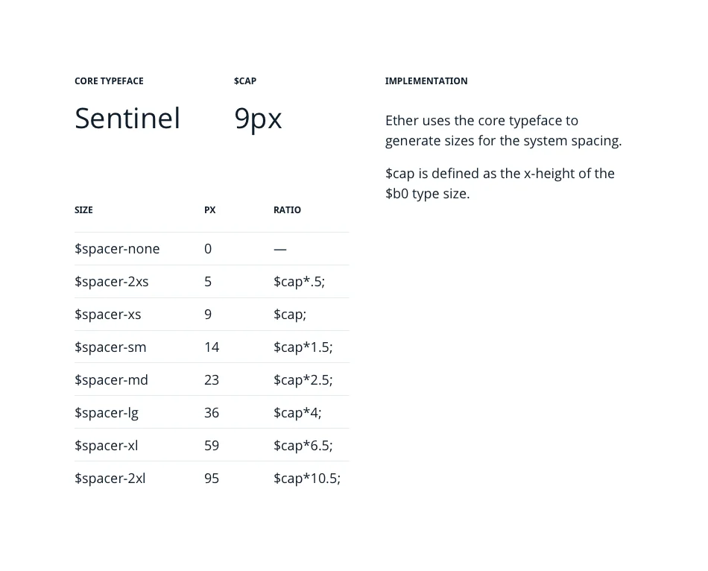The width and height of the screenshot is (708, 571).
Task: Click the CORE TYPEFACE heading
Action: pyautogui.click(x=109, y=81)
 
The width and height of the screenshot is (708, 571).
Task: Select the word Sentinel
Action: pyautogui.click(x=127, y=119)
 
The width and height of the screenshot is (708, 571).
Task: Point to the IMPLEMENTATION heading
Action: pyautogui.click(x=426, y=81)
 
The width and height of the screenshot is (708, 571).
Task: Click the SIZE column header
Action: pyautogui.click(x=83, y=210)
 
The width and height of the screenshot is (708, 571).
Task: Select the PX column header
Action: pyautogui.click(x=209, y=210)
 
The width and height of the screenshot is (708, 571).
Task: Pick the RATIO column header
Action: pyautogui.click(x=287, y=210)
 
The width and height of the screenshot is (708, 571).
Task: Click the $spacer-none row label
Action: pyautogui.click(x=117, y=249)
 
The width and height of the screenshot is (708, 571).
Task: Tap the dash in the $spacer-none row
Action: pyautogui.click(x=280, y=249)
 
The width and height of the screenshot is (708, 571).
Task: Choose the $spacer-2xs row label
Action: pyautogui.click(x=112, y=282)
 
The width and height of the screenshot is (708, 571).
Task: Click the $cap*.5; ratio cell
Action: pyautogui.click(x=299, y=282)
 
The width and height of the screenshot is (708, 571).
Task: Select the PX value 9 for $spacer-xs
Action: pyautogui.click(x=208, y=315)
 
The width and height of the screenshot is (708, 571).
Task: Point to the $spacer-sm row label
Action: pyautogui.click(x=110, y=347)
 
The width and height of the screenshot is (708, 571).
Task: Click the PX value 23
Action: pyautogui.click(x=212, y=380)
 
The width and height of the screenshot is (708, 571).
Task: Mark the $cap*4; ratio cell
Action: pyautogui.click(x=297, y=413)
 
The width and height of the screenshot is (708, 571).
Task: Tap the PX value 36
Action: pyautogui.click(x=212, y=413)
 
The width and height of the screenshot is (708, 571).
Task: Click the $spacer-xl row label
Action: pyautogui.click(x=107, y=446)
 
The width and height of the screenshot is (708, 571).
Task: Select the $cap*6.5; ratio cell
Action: pyautogui.click(x=303, y=446)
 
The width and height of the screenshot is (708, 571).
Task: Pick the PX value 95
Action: pyautogui.click(x=212, y=479)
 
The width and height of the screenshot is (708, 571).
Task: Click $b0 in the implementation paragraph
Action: pyautogui.click(x=397, y=194)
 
